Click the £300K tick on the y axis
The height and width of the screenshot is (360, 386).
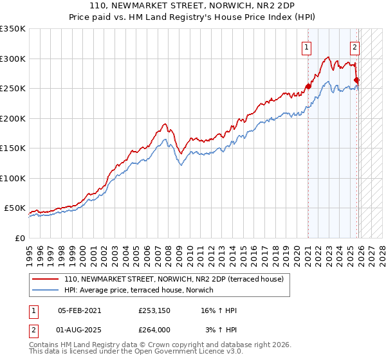[x=13, y=59]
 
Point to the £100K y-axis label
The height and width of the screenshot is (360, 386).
[x=13, y=178]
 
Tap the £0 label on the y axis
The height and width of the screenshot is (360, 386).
[x=19, y=238]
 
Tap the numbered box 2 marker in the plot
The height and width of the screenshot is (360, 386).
[x=354, y=46]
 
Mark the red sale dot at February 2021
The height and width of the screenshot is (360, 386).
[x=308, y=86]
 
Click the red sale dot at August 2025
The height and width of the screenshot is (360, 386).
[x=357, y=80]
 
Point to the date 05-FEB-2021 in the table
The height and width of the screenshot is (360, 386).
[x=79, y=310]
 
